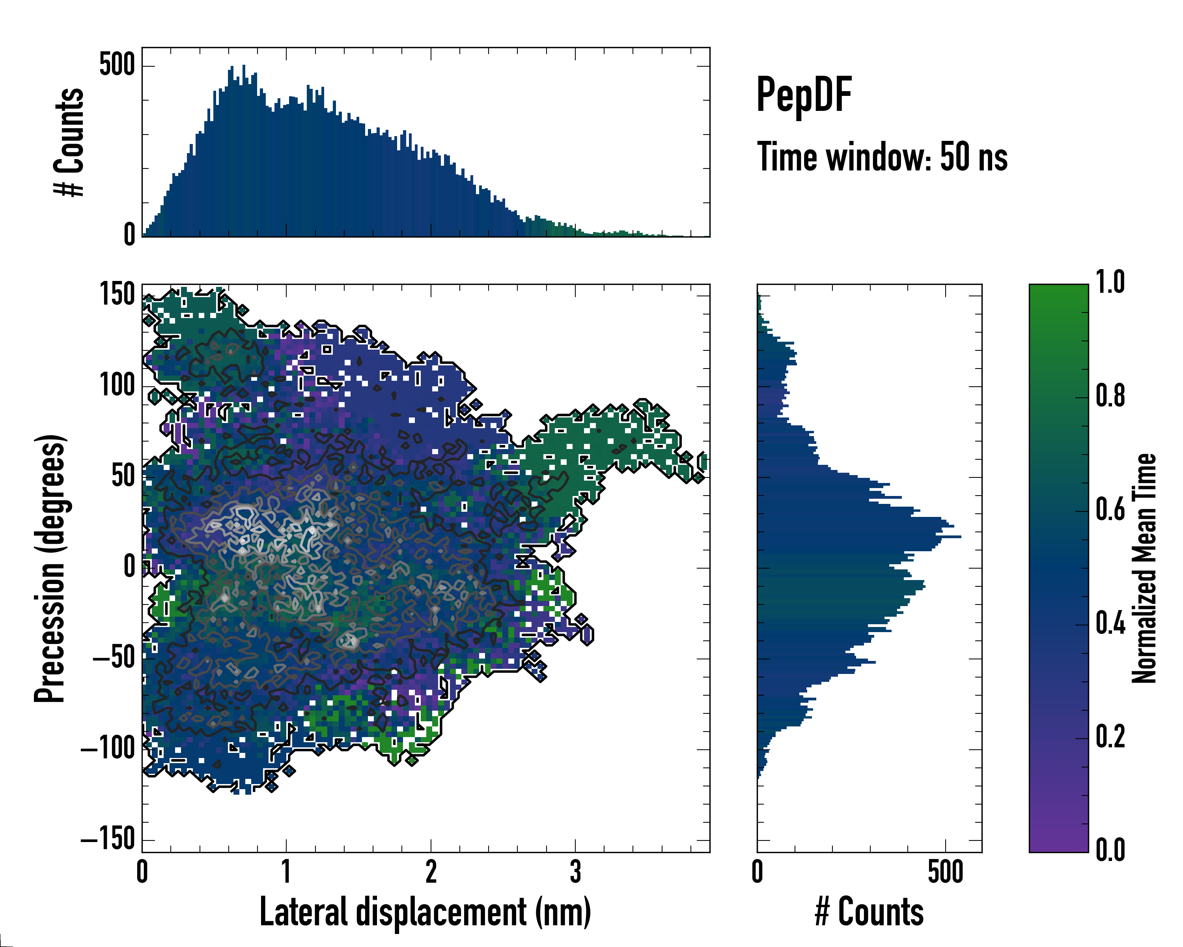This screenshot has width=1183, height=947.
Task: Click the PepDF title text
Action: pos(803,94)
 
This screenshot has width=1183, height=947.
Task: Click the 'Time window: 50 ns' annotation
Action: pos(882,157)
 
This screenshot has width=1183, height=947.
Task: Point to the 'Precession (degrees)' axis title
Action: pos(50,568)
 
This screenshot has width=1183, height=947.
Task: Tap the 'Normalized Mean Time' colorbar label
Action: pos(1144,568)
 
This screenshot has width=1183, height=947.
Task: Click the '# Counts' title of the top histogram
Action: pos(69,142)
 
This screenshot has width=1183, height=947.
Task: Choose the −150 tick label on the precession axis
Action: pos(108,838)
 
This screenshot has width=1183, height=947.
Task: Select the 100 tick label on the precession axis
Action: pos(117,386)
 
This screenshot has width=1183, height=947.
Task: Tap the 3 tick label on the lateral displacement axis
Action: pos(575,872)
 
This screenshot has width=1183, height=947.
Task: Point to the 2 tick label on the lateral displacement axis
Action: pos(431,872)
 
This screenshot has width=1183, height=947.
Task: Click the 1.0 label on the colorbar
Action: pos(1110,283)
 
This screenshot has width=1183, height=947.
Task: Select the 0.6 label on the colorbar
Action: pos(1110,509)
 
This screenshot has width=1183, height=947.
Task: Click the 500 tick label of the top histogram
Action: pos(117,66)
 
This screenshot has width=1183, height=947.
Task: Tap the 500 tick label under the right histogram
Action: pos(945,872)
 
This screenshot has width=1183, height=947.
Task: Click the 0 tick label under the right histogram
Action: pos(757,872)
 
